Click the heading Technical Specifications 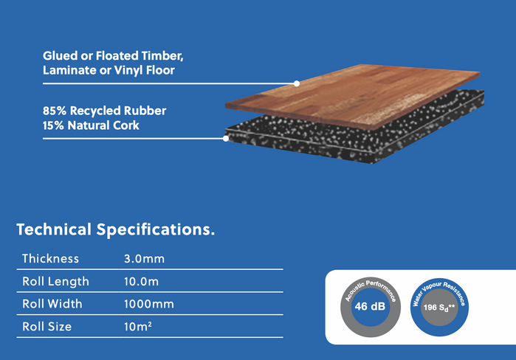tap(116, 229)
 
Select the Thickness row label tap(50, 259)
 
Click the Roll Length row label tap(55, 281)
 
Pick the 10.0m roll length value tap(142, 281)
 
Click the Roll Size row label tap(47, 325)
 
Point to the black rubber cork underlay tap(354, 136)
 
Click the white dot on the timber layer tap(297, 83)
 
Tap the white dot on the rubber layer tap(226, 137)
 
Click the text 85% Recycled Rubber tap(105, 111)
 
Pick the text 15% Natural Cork tap(92, 125)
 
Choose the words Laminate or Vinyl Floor tap(109, 71)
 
